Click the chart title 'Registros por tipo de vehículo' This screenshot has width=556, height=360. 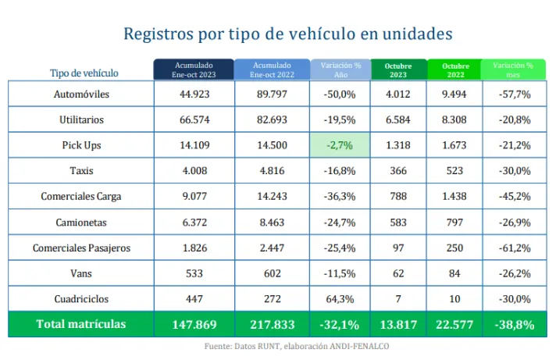point(288,34)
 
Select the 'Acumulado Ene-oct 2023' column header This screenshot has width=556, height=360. point(194,70)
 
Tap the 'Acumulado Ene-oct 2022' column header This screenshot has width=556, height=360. point(272,70)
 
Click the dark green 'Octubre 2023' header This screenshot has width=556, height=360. point(399,70)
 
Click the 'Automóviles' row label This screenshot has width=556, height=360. point(82,94)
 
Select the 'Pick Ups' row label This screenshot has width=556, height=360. point(82,146)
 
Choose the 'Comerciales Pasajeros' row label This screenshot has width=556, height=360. point(82,248)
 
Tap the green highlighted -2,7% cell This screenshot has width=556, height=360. point(340,146)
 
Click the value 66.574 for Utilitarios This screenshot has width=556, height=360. point(194,120)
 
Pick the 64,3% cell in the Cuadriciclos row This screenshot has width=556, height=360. point(340,300)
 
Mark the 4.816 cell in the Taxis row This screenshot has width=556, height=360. point(272,172)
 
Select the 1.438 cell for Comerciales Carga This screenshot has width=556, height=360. point(455,198)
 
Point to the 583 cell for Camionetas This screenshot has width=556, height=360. point(399,223)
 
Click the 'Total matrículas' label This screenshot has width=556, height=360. point(82,324)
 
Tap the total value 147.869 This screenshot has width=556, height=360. point(194,324)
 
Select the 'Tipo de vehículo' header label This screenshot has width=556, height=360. point(84,73)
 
